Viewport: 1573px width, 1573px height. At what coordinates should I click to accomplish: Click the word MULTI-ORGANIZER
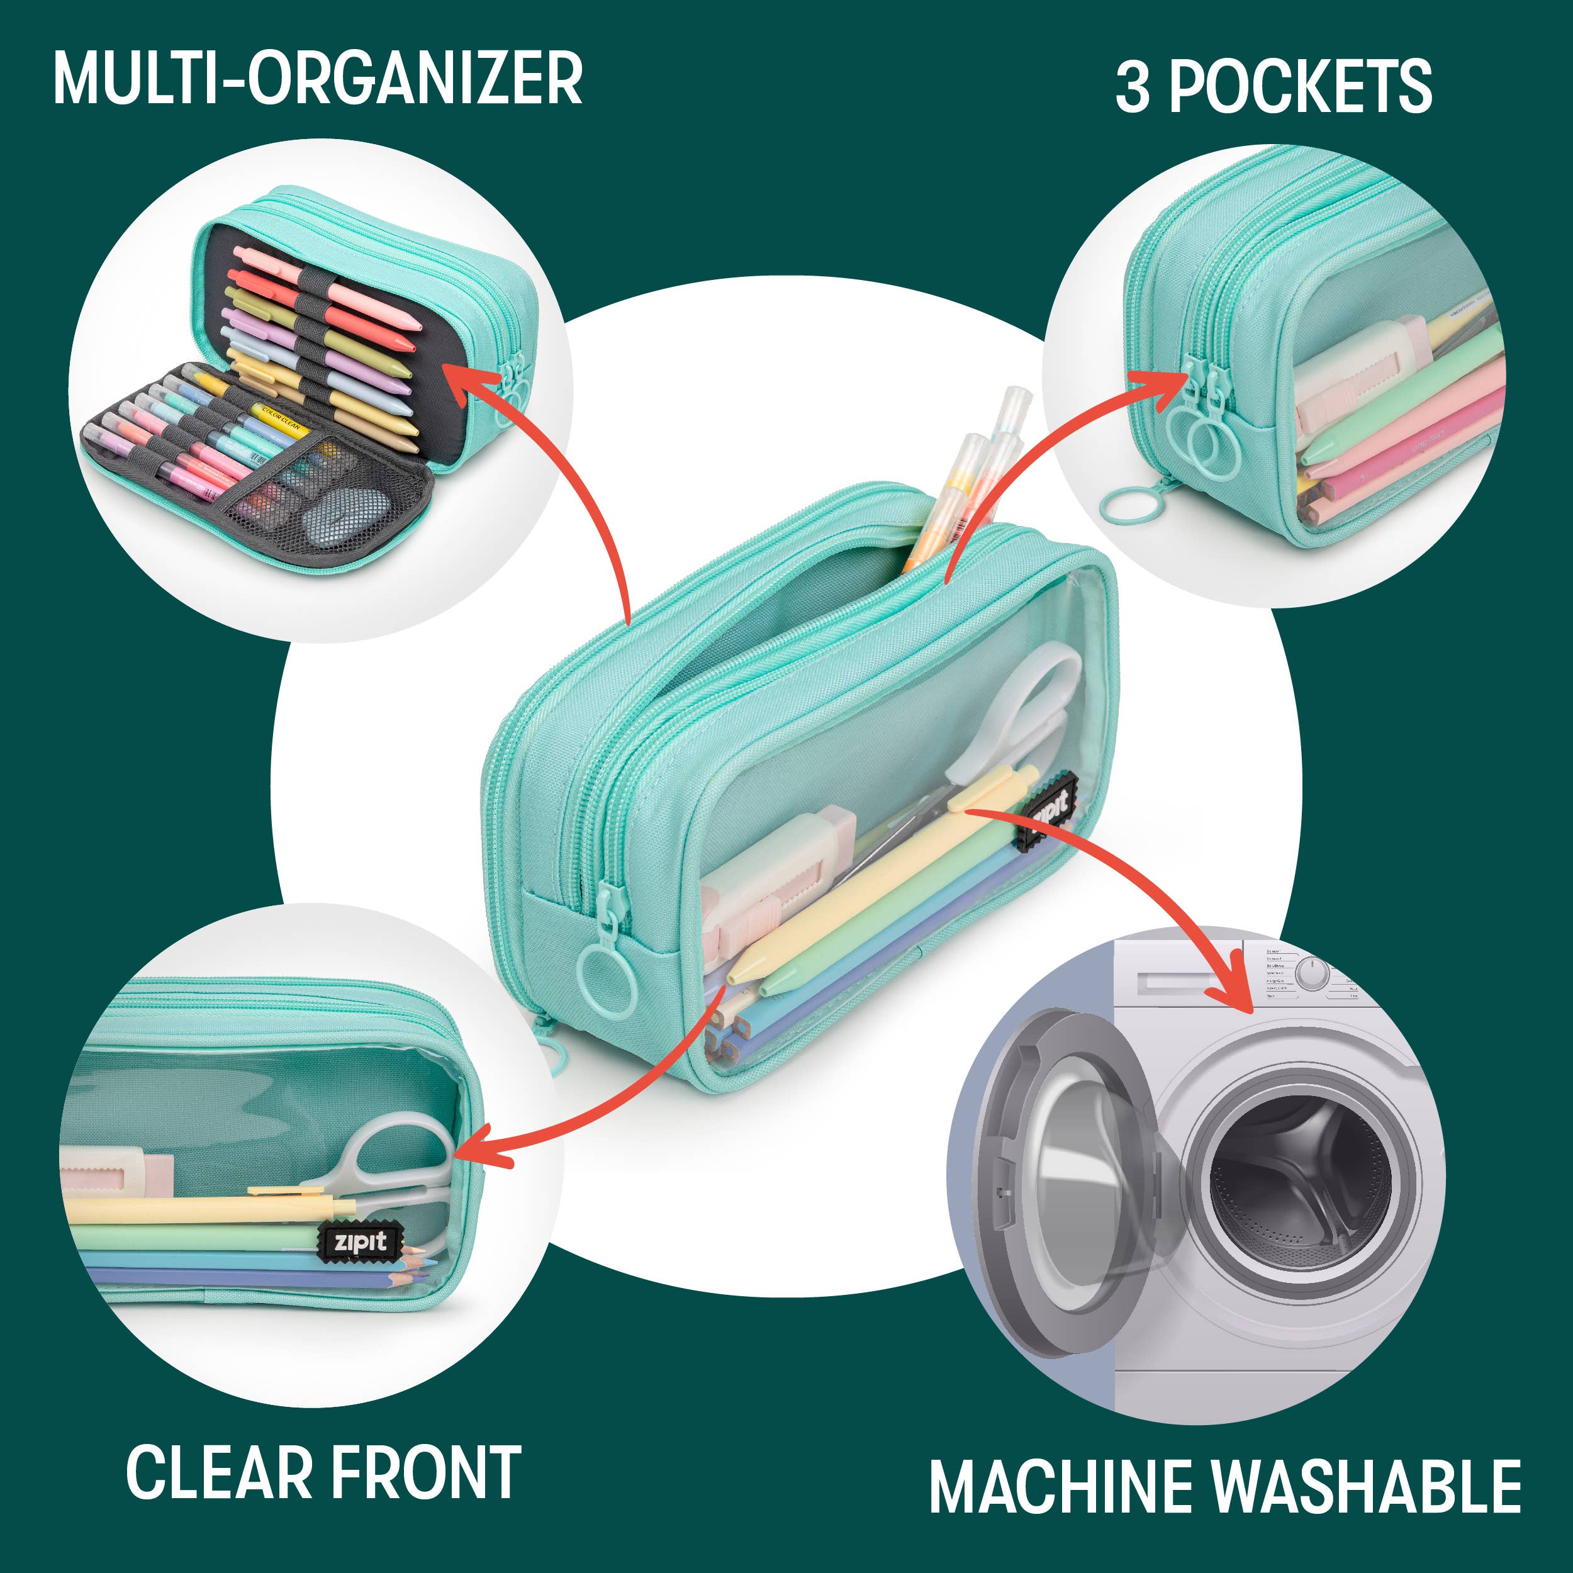tap(318, 79)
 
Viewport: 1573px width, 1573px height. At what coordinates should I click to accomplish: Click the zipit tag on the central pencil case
tap(1050, 812)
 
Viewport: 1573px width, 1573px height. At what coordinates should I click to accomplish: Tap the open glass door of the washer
tap(1066, 1172)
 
